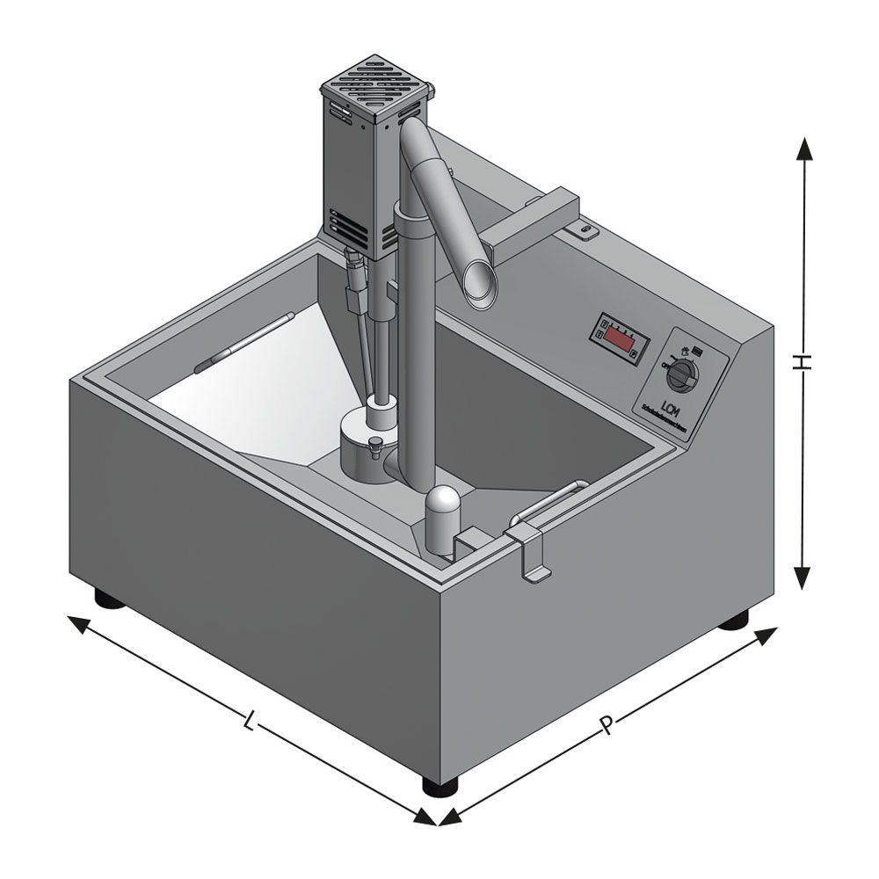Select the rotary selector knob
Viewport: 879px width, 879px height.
[x=681, y=376]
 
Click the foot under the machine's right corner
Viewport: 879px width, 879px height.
[x=733, y=621]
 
